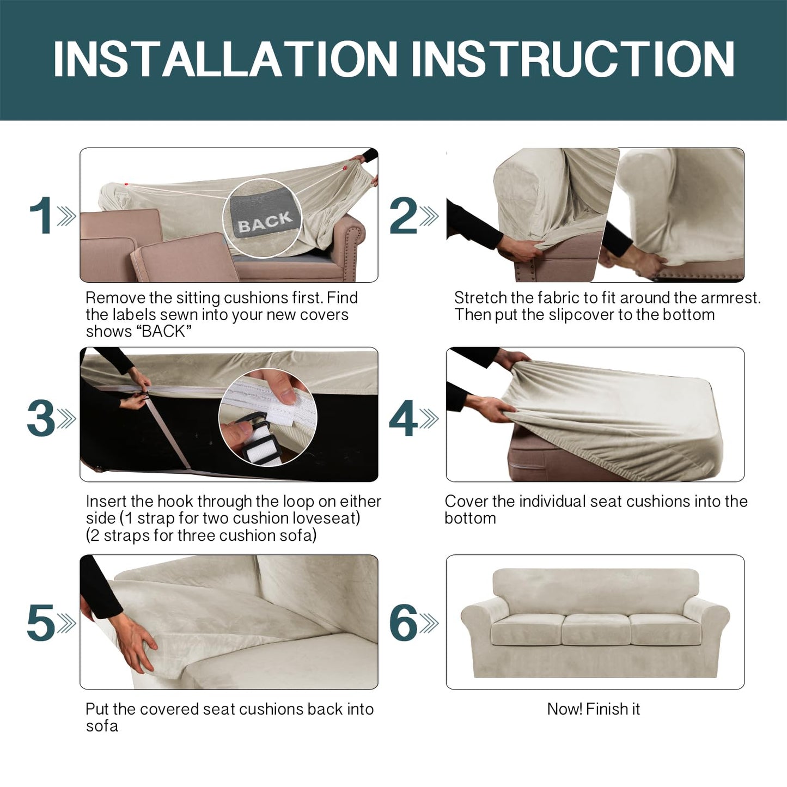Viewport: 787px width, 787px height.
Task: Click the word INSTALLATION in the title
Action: pyautogui.click(x=225, y=59)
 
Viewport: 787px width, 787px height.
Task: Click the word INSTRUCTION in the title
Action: pyautogui.click(x=572, y=59)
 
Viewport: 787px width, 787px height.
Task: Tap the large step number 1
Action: pyautogui.click(x=41, y=215)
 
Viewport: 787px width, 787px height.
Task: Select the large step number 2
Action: pyautogui.click(x=404, y=215)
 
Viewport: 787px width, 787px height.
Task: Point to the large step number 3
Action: pyautogui.click(x=41, y=418)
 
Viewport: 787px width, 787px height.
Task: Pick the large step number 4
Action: pyautogui.click(x=404, y=418)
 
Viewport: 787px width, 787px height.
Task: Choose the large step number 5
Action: pyautogui.click(x=41, y=623)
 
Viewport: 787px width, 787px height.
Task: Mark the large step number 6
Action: pyautogui.click(x=404, y=623)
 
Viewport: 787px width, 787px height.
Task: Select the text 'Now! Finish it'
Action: pyautogui.click(x=594, y=709)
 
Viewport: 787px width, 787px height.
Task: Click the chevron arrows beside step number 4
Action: pyautogui.click(x=429, y=419)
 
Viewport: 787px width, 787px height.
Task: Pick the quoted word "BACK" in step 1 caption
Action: pyautogui.click(x=165, y=331)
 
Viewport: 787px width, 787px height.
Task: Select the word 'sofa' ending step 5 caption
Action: pyautogui.click(x=102, y=726)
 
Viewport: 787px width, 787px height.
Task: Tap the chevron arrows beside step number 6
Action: pyautogui.click(x=429, y=623)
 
